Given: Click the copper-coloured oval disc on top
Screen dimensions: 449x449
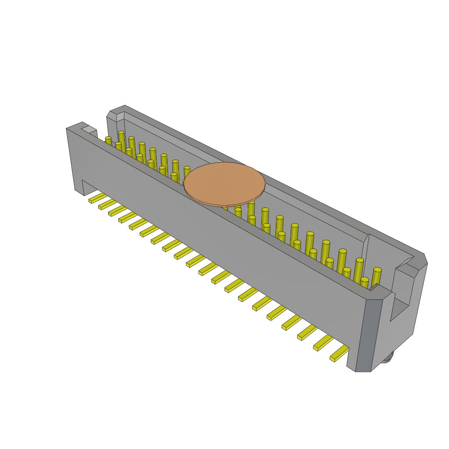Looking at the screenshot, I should pyautogui.click(x=224, y=183).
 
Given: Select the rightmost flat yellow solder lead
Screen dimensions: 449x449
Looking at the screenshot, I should pyautogui.click(x=339, y=353).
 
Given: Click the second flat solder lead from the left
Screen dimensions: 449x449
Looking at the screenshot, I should pyautogui.click(x=107, y=204).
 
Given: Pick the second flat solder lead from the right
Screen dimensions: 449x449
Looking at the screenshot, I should pyautogui.click(x=323, y=343).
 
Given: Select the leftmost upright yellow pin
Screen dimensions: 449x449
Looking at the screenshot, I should pyautogui.click(x=108, y=141).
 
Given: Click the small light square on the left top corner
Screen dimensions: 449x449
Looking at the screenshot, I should pyautogui.click(x=89, y=129).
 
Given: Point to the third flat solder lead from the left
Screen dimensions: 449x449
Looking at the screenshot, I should pyautogui.click(x=118, y=211).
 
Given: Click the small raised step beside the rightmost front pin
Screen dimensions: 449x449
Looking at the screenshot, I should pyautogui.click(x=374, y=287).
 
